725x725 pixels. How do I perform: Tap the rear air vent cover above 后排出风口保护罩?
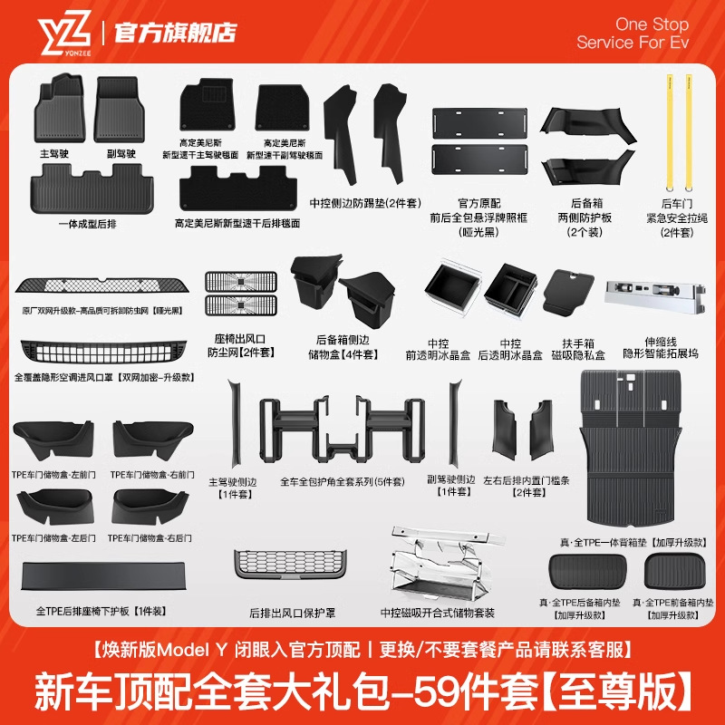coord(280,571)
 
